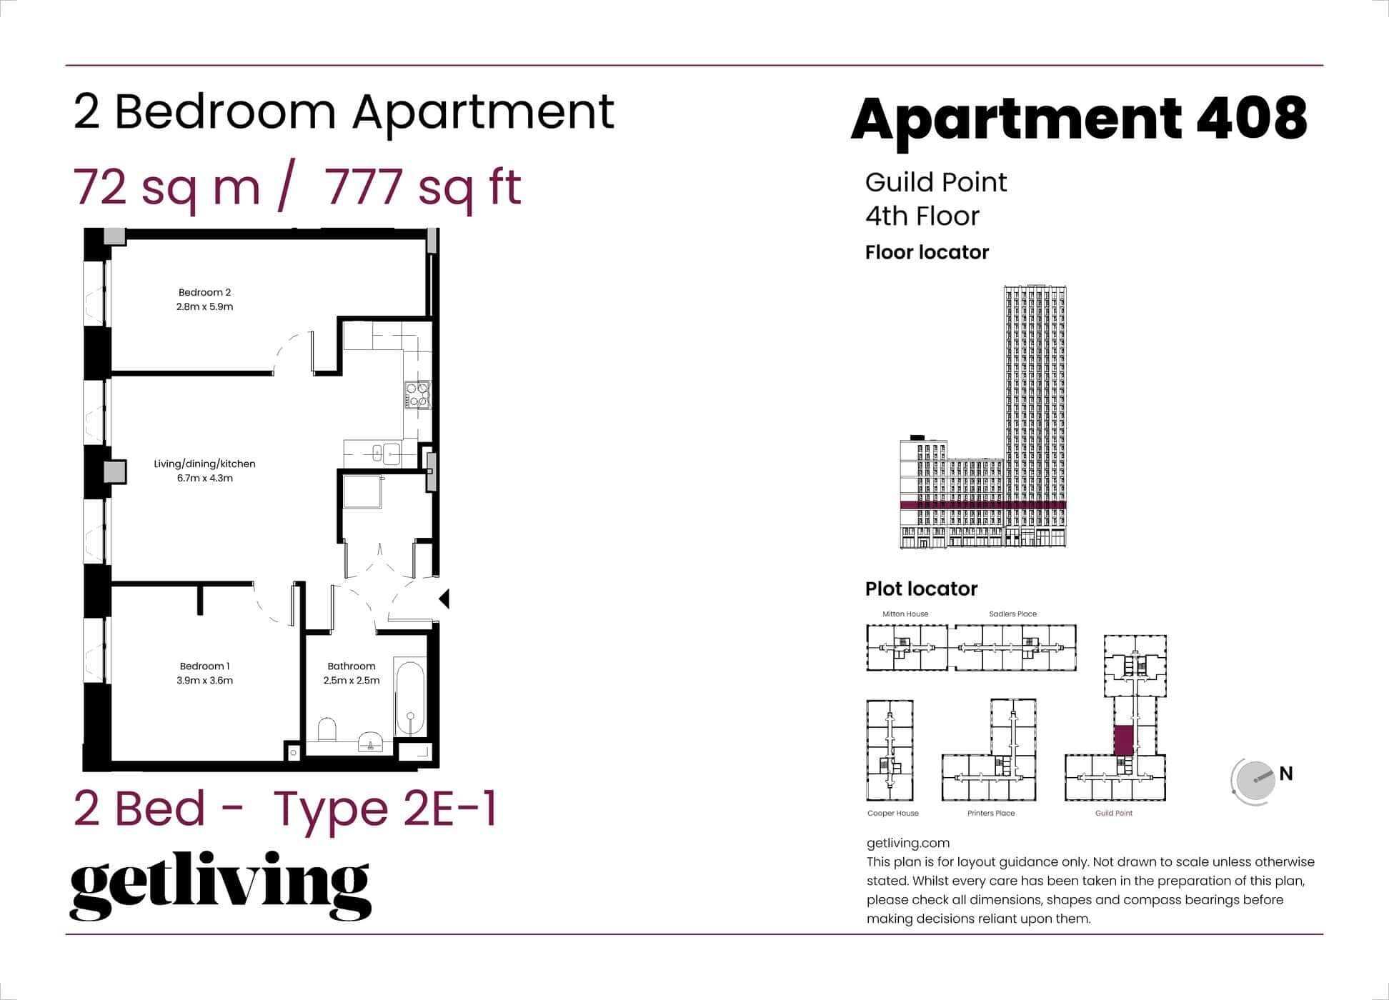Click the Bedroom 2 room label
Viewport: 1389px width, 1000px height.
coord(204,292)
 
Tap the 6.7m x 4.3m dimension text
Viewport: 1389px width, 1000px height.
coord(205,479)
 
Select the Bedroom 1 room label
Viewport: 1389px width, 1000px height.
coord(204,666)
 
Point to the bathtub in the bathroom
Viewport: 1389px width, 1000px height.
coord(410,699)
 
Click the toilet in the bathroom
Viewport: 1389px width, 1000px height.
coord(327,730)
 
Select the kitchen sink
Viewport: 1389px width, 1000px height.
coord(387,453)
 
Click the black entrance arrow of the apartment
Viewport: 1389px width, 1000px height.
coord(444,599)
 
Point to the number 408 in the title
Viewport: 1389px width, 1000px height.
coord(1251,118)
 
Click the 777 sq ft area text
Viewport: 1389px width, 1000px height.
coord(423,187)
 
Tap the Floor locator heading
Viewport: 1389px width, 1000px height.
coord(927,252)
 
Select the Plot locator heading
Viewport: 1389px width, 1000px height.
coord(921,589)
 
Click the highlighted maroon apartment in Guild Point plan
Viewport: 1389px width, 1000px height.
coord(1123,740)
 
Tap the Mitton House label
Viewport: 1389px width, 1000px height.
coord(905,614)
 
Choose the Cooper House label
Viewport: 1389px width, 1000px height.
coord(892,813)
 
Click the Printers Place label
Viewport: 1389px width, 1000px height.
coord(990,813)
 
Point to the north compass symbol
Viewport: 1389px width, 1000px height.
coord(1255,781)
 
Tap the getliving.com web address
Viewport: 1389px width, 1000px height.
coord(907,843)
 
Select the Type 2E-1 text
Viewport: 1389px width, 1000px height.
coord(385,809)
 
